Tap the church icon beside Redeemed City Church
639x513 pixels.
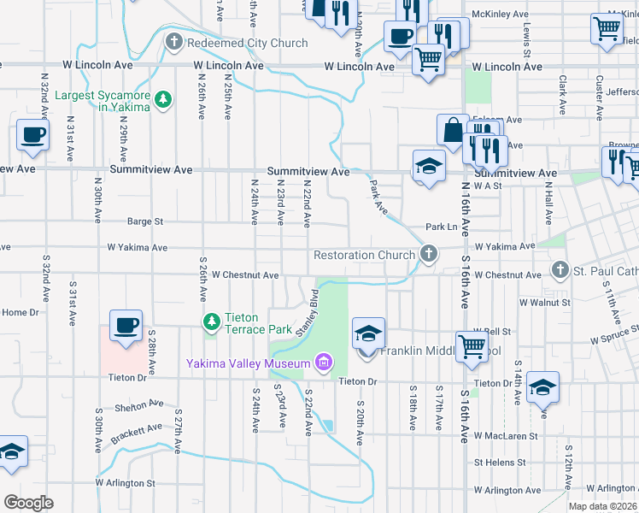[174, 42]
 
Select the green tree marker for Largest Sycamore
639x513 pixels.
[162, 101]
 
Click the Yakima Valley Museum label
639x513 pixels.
[248, 364]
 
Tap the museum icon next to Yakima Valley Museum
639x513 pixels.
[323, 364]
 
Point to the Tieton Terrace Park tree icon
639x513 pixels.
[212, 322]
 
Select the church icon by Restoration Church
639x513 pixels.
[429, 254]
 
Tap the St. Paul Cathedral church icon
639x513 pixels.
[560, 271]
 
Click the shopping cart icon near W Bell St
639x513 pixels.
[472, 346]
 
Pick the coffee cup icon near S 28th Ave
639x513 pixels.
[126, 326]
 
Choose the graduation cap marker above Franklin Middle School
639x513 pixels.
[368, 333]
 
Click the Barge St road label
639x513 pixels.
[145, 221]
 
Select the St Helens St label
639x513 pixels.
[500, 462]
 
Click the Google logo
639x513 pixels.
[29, 503]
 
